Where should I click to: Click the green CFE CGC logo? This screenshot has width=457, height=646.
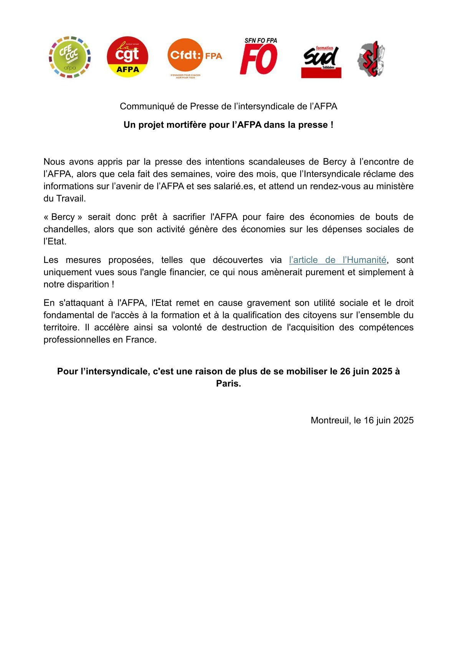coord(70,57)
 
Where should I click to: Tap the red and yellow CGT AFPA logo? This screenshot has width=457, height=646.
coord(127,57)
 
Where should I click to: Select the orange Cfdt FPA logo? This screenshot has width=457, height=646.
coord(194,56)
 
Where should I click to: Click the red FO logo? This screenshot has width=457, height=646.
coord(259,56)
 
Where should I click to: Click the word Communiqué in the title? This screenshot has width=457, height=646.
coord(147,106)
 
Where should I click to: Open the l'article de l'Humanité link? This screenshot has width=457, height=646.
coord(337,260)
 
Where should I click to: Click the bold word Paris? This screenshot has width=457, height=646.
coord(228,383)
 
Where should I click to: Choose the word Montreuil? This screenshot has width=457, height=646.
coord(330,420)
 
